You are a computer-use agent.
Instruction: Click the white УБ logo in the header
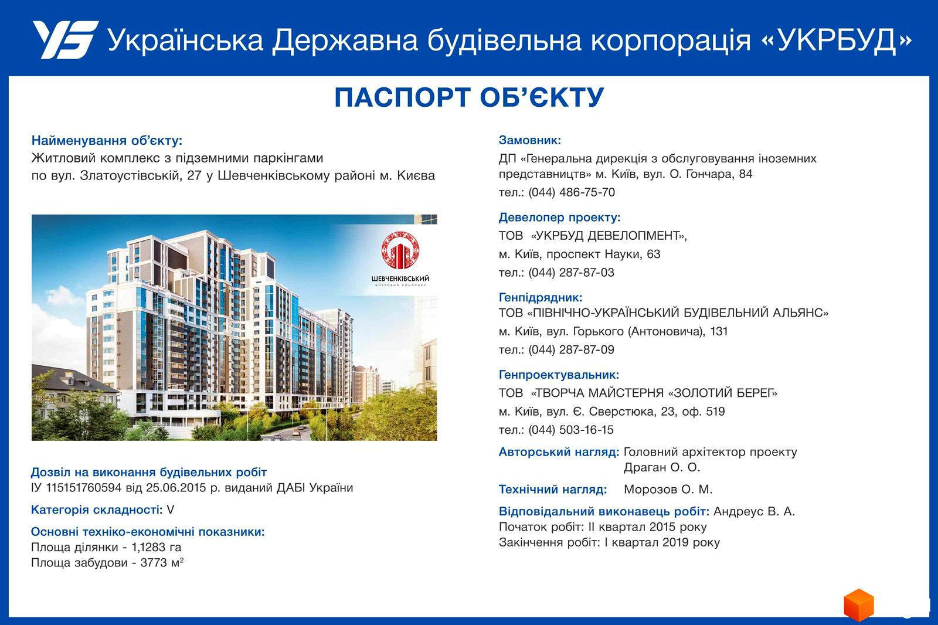coord(66,39)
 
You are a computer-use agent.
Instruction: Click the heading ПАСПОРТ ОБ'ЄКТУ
coord(469,97)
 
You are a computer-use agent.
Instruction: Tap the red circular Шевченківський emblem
coord(400,250)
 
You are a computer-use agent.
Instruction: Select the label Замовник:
coord(530,140)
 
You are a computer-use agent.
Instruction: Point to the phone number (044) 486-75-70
coord(572,192)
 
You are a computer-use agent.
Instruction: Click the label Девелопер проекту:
coord(559,218)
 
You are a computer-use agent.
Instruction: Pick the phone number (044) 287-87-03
coord(571,272)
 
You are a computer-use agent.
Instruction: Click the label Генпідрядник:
coord(540,297)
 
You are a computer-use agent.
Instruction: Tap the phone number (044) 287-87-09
coord(571,349)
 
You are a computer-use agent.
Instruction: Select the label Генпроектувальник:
coord(559,375)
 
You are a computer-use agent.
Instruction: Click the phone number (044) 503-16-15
coord(571,430)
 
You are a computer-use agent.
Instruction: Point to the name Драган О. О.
coord(662,467)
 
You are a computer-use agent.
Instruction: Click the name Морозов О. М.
coord(668,490)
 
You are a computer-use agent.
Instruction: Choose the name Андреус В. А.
coord(754,511)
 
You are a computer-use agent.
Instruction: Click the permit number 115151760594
coord(84,488)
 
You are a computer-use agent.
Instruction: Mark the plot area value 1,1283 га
coord(156,548)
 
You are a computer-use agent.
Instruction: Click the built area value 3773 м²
coord(162,563)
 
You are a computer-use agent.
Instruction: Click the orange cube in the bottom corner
coord(858,605)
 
